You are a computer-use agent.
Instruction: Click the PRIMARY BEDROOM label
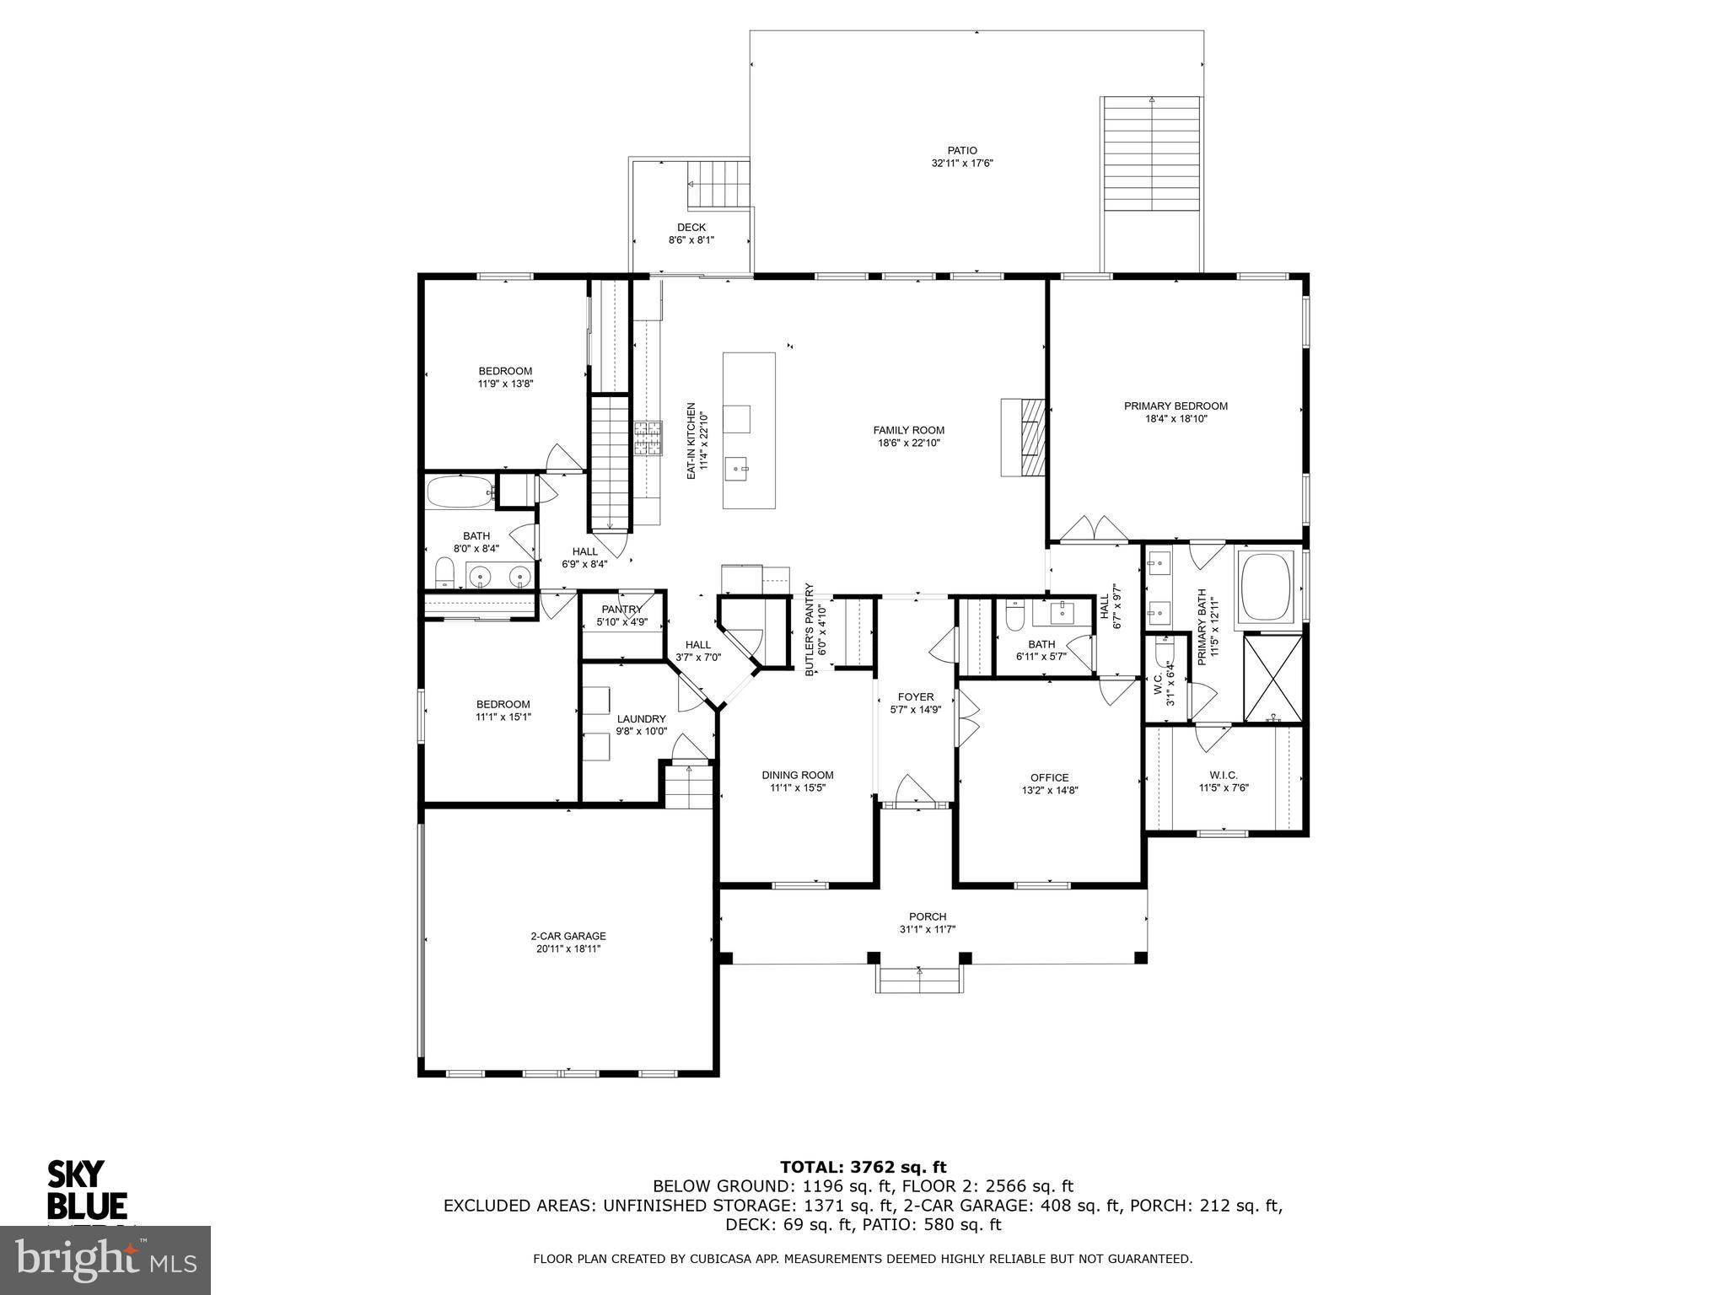point(1176,406)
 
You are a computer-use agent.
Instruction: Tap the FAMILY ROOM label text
point(908,430)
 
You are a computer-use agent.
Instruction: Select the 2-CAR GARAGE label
point(568,936)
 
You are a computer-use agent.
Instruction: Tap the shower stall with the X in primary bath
point(1273,679)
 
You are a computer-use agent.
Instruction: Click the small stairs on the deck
point(720,183)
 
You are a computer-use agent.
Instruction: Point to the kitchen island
point(749,430)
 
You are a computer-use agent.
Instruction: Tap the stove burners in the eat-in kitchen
point(648,438)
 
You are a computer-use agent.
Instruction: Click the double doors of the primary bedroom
point(1094,530)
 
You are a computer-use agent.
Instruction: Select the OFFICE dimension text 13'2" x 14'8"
point(1049,791)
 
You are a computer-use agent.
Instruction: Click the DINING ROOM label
point(797,775)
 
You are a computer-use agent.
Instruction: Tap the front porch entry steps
point(919,981)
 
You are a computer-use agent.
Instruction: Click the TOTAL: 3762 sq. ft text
point(863,1167)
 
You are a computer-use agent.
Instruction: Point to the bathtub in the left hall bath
point(460,492)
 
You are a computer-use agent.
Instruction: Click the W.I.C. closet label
point(1223,775)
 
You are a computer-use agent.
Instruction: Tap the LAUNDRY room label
point(641,719)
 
